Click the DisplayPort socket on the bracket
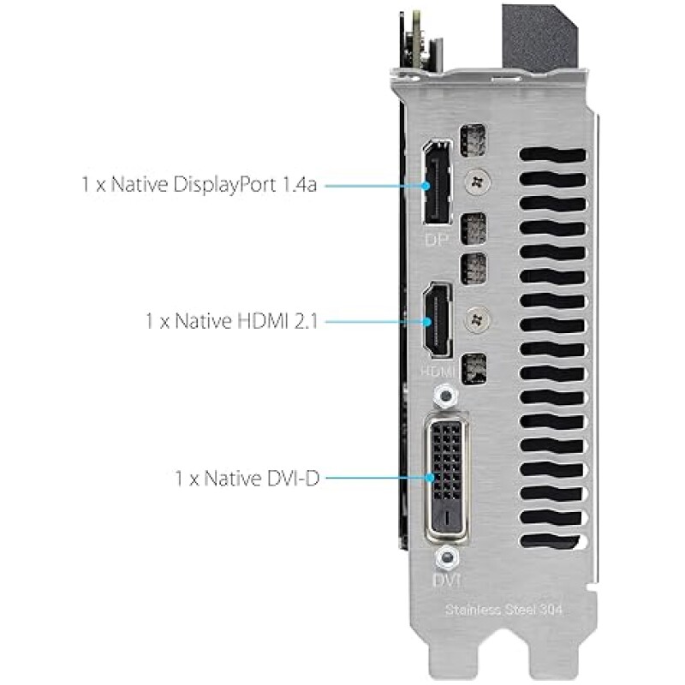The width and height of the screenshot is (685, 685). (x=437, y=182)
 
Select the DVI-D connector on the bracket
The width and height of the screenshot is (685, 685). (x=446, y=477)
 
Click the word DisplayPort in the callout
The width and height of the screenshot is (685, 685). (x=224, y=185)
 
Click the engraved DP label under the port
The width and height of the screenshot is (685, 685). (x=437, y=240)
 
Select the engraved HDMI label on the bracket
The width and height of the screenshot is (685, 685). (x=438, y=372)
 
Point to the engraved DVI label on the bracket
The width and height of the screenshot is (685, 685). (x=446, y=581)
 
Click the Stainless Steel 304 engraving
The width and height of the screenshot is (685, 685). (x=503, y=610)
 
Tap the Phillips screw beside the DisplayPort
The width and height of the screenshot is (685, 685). (x=477, y=182)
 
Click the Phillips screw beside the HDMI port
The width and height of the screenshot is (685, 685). (x=477, y=319)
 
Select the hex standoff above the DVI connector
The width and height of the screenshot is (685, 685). (x=445, y=396)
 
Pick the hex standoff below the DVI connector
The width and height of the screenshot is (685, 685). (x=446, y=558)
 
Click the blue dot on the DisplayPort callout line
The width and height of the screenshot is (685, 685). (x=426, y=186)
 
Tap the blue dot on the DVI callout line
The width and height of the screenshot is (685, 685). (x=431, y=478)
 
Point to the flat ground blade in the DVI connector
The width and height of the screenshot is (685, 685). (x=446, y=518)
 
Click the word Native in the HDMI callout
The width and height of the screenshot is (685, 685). (x=204, y=322)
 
